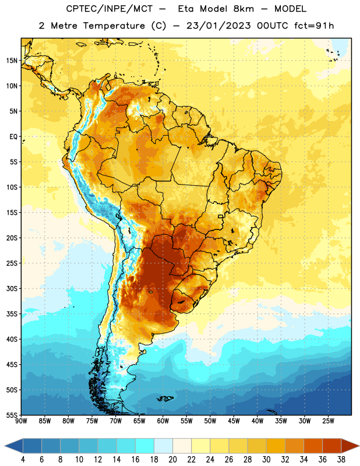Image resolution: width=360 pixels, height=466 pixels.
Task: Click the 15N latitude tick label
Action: tap(12, 61)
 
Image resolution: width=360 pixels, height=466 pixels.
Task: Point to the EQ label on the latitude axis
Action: tap(13, 137)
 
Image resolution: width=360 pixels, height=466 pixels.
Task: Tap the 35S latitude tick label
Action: tap(12, 314)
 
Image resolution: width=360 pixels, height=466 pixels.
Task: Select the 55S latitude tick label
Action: tap(12, 415)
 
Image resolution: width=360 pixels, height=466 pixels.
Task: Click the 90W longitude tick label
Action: tap(21, 421)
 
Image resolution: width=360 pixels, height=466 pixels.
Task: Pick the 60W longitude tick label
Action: tap(163, 421)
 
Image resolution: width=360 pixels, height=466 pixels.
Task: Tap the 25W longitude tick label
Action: tap(328, 421)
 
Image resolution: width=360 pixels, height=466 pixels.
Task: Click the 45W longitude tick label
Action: tap(234, 421)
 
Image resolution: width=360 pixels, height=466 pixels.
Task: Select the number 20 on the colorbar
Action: tap(172, 460)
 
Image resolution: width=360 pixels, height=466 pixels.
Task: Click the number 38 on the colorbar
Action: tap(341, 460)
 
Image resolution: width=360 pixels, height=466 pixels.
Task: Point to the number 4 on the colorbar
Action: tap(23, 460)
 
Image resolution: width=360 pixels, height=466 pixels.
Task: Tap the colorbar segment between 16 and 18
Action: tap(145, 446)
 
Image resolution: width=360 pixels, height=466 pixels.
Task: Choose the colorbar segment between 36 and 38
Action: tap(332, 446)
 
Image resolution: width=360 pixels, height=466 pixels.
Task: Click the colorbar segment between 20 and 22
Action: tap(182, 446)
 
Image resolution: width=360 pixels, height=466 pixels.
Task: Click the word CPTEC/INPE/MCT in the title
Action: tap(110, 9)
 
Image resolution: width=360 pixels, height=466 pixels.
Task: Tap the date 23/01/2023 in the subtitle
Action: tap(219, 26)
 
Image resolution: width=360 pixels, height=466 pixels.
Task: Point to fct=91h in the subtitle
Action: tap(314, 26)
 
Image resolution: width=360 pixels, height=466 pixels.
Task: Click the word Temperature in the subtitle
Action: tap(114, 26)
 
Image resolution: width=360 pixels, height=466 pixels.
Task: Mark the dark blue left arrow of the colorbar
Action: tap(14, 446)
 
